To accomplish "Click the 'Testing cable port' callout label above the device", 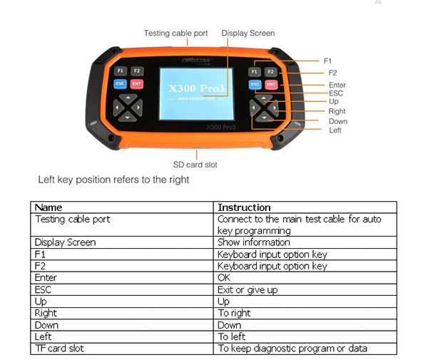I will [175, 33].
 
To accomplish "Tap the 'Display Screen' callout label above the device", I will [248, 33].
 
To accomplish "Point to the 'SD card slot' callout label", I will [195, 165].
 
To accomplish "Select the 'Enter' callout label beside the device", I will [337, 86].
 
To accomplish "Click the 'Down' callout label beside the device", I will [338, 121].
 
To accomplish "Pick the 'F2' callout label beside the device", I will [332, 73].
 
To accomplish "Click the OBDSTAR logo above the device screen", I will [195, 61].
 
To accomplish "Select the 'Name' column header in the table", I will [49, 207].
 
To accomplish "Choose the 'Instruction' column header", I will [244, 207].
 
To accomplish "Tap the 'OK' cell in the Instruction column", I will [224, 277].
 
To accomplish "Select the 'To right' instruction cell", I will [234, 313].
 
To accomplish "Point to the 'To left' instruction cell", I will [232, 336].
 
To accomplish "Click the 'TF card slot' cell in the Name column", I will [61, 348].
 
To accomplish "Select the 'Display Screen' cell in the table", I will [65, 242].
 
